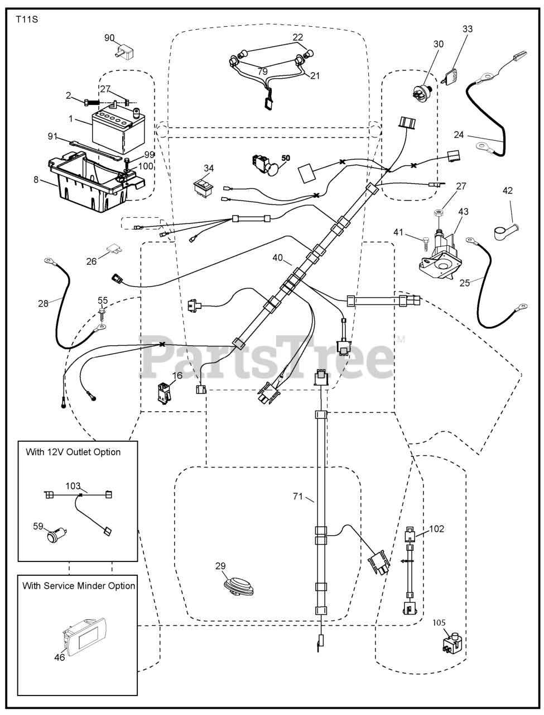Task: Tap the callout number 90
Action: coord(109,38)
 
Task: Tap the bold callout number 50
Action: coord(286,158)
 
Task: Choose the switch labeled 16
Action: coord(163,393)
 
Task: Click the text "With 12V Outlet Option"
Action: coord(73,452)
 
